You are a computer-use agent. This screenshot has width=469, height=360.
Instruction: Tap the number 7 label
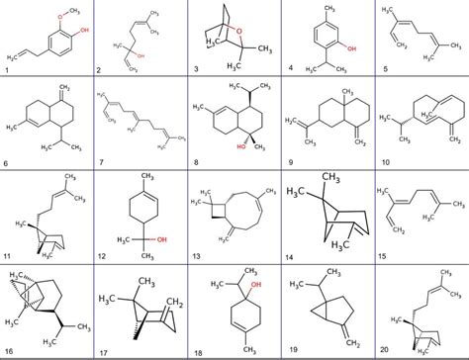pyautogui.click(x=100, y=158)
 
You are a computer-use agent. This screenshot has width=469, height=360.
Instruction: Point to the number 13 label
pyautogui.click(x=194, y=251)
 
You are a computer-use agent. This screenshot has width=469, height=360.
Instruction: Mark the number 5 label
pyautogui.click(x=383, y=70)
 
